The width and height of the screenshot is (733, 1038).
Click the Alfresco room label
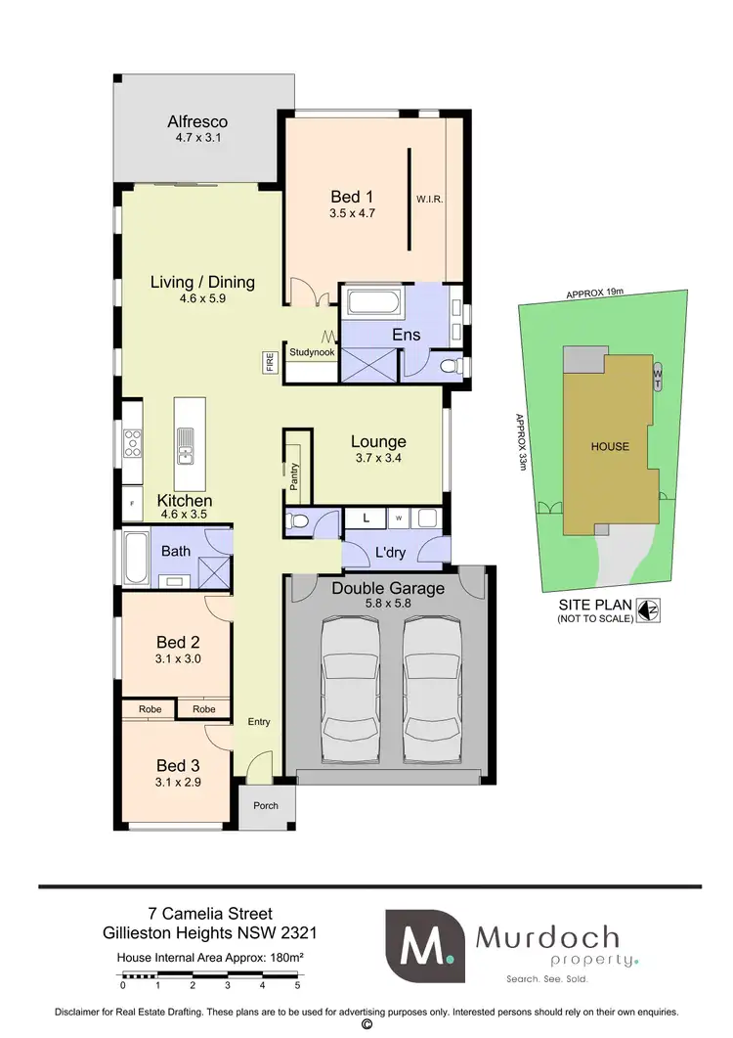click(x=197, y=122)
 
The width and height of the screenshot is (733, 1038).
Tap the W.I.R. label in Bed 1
click(x=429, y=199)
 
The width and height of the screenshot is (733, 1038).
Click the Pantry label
click(x=293, y=474)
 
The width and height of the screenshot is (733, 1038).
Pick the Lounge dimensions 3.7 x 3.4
click(x=378, y=460)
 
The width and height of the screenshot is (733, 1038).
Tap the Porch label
click(x=266, y=806)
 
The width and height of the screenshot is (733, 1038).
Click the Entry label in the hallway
click(x=259, y=723)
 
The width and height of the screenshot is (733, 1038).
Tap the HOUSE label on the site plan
click(x=610, y=447)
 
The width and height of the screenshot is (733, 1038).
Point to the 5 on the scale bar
click(x=297, y=987)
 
